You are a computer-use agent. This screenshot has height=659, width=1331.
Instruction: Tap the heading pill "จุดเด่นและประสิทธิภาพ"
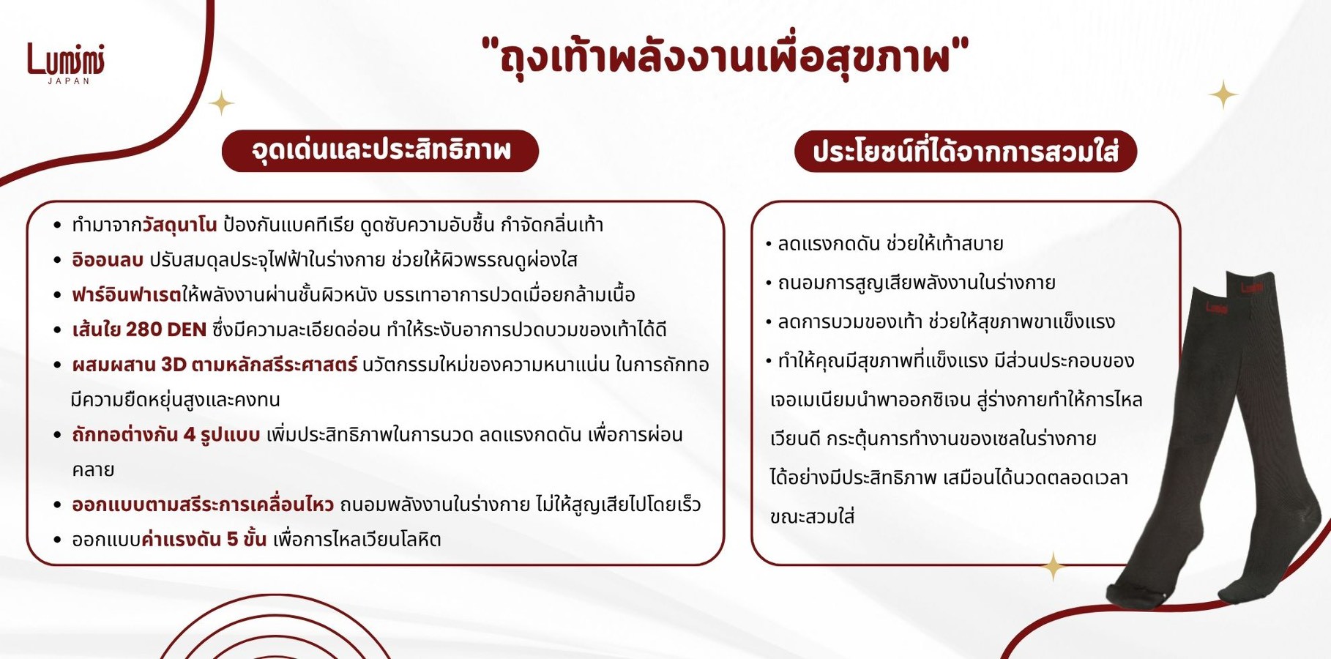point(380,151)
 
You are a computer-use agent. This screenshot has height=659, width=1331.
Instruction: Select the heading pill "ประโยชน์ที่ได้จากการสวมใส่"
point(966,152)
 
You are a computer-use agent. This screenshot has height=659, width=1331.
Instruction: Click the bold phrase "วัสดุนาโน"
point(179,224)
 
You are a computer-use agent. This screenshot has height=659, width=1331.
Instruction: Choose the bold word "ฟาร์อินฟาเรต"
point(126,294)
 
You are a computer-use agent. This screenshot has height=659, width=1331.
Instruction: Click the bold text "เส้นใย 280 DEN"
point(139,329)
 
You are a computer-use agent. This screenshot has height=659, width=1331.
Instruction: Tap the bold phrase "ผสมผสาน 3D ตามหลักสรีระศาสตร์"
point(215,364)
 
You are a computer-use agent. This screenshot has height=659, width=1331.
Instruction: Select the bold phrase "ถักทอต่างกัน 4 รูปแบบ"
point(165,434)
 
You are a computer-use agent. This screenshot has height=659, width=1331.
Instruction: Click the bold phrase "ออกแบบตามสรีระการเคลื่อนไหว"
point(203,505)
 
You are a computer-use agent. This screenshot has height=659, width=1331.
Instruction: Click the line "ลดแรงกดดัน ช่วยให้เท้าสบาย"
point(890,244)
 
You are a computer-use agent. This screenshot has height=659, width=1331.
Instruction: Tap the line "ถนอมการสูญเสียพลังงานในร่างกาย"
point(917,283)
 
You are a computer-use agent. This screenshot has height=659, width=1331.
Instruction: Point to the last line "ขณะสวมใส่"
point(812,516)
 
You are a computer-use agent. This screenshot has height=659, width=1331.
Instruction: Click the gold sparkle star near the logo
point(221,103)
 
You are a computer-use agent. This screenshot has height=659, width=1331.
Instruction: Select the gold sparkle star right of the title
point(1223,94)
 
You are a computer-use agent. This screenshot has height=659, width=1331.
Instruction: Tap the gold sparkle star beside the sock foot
point(1054,566)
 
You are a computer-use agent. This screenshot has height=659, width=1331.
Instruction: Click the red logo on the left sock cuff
point(1216,308)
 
